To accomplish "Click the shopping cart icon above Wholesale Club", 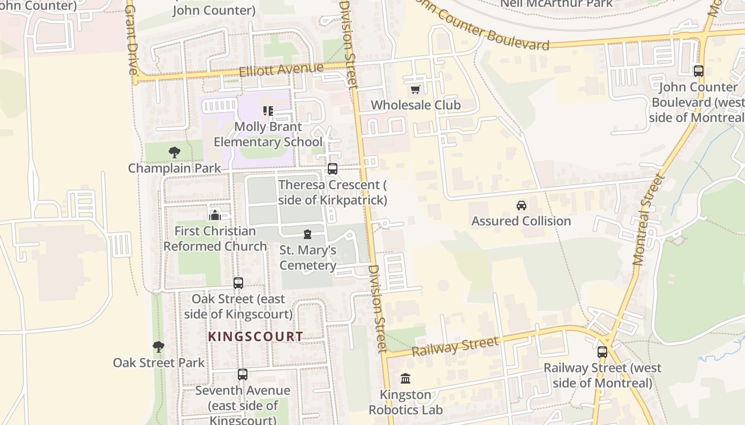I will [416, 89].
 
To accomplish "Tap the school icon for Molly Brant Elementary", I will [268, 111].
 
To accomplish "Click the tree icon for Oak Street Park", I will [158, 347].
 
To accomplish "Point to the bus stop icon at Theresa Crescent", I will [333, 169].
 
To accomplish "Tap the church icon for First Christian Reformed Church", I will [215, 215].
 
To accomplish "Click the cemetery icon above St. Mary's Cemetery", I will [307, 234].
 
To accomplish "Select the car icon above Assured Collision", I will [521, 206].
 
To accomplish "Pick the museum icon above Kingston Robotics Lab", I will [405, 379].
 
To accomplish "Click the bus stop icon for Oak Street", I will [238, 283].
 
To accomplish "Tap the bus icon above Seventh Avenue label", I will [243, 375].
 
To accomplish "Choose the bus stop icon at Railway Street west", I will [602, 352].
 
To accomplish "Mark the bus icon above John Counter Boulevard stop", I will [699, 71].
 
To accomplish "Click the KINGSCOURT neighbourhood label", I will [255, 336].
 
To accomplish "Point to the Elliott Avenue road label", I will [281, 70].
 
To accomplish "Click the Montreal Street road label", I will [647, 219].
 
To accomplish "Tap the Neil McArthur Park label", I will [556, 4].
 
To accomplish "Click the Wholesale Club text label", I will [416, 105].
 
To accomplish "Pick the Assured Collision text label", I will [521, 221].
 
